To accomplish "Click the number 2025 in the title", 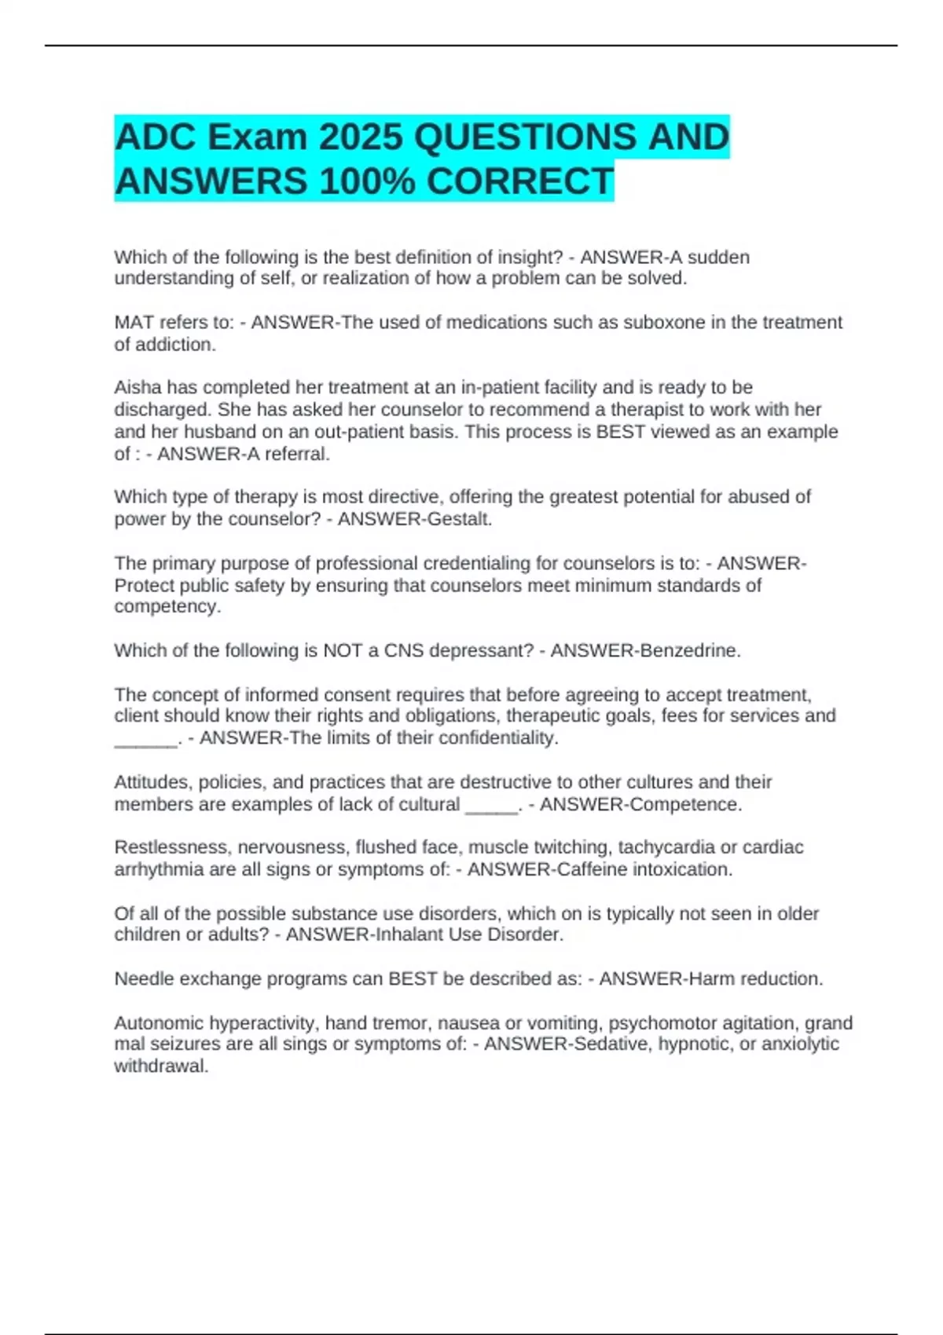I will coord(361,137).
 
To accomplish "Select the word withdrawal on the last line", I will coord(161,1066).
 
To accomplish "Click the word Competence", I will coord(685,805).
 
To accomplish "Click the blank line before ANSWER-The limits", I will coord(146,739).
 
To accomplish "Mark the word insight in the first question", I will coord(526,258).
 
